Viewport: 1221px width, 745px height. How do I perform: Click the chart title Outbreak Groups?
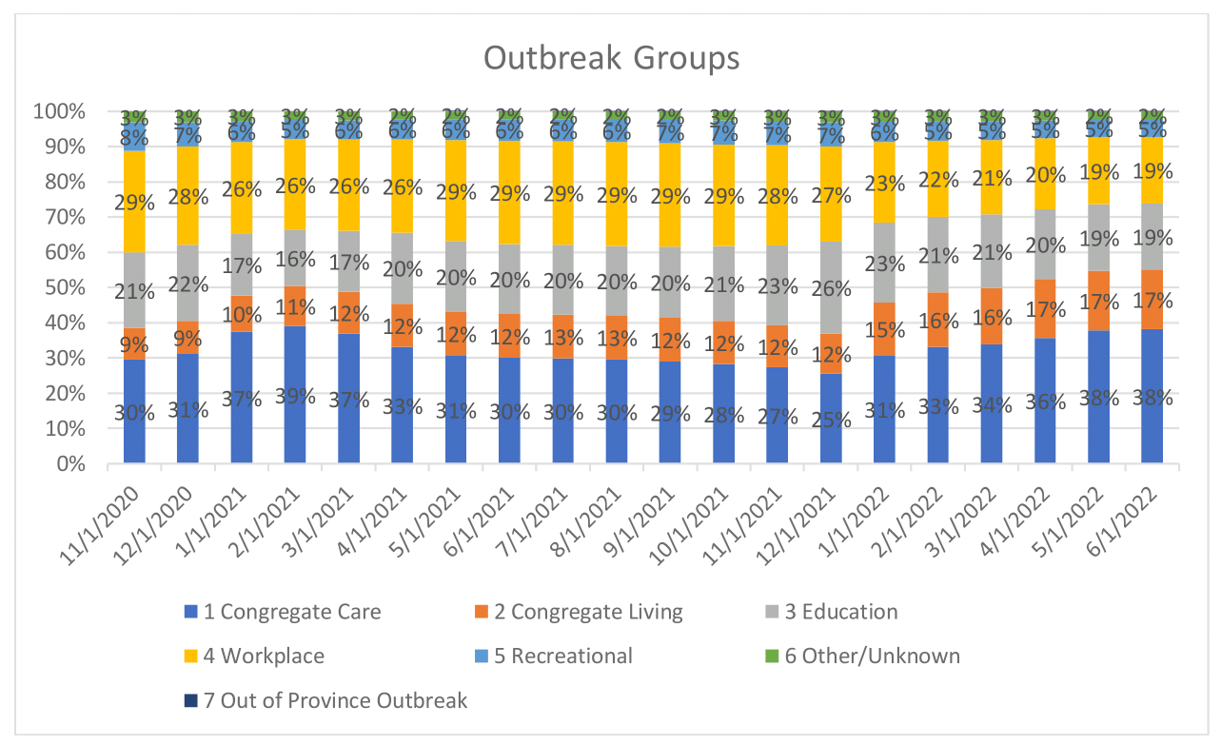[x=611, y=57]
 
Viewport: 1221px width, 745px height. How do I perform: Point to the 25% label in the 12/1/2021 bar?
[x=831, y=419]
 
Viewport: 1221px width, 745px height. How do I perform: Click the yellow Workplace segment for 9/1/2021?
[x=670, y=195]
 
